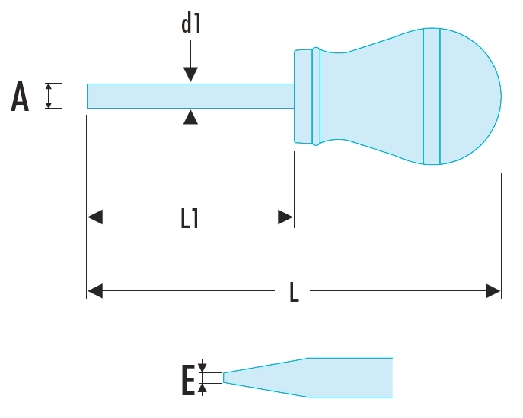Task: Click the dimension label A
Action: pos(21,97)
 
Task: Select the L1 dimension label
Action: pos(190,219)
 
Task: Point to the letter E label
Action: pos(188,381)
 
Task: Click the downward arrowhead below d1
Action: pos(190,74)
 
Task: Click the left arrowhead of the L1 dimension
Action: pos(95,218)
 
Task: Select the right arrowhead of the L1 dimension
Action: pos(285,218)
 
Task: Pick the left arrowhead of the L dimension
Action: pos(95,290)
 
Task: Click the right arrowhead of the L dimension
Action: pos(493,290)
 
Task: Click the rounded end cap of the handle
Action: pos(472,97)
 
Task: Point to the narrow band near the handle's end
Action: pos(432,97)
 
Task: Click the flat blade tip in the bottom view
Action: pos(225,377)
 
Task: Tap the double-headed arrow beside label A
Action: pos(49,96)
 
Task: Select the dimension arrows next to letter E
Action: pos(203,377)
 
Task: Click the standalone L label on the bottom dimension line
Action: pos(295,291)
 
